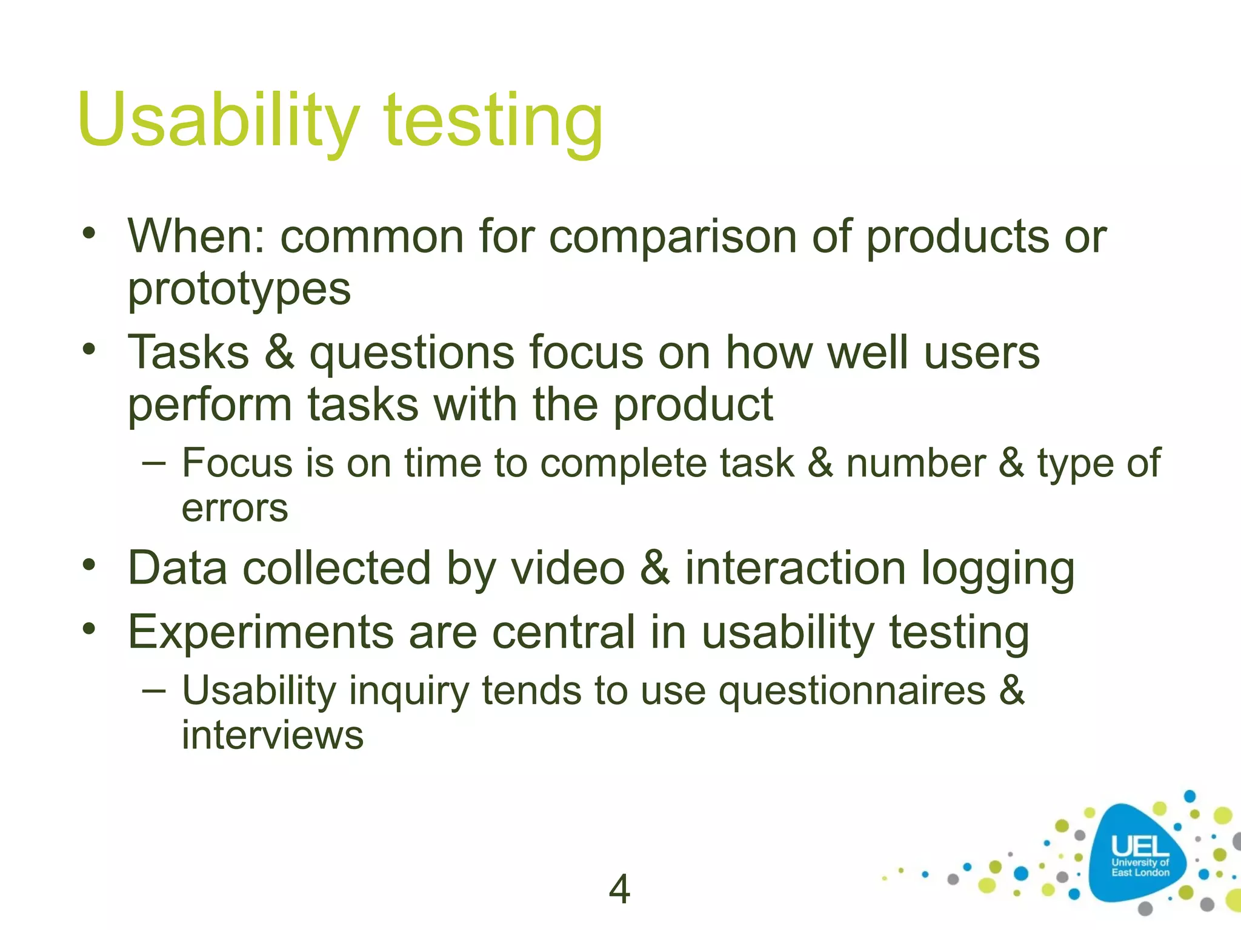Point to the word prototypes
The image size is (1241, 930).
(239, 289)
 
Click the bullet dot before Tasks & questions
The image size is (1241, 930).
(90, 349)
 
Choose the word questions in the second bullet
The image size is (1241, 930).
(411, 354)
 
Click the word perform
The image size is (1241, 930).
(210, 406)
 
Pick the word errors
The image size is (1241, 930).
(235, 508)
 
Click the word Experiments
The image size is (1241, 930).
(261, 633)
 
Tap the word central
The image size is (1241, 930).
(564, 633)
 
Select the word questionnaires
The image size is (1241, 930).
(852, 691)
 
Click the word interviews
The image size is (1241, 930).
(272, 736)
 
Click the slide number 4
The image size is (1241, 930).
(619, 889)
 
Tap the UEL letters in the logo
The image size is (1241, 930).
(1139, 846)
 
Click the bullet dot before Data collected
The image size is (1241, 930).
(90, 565)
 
